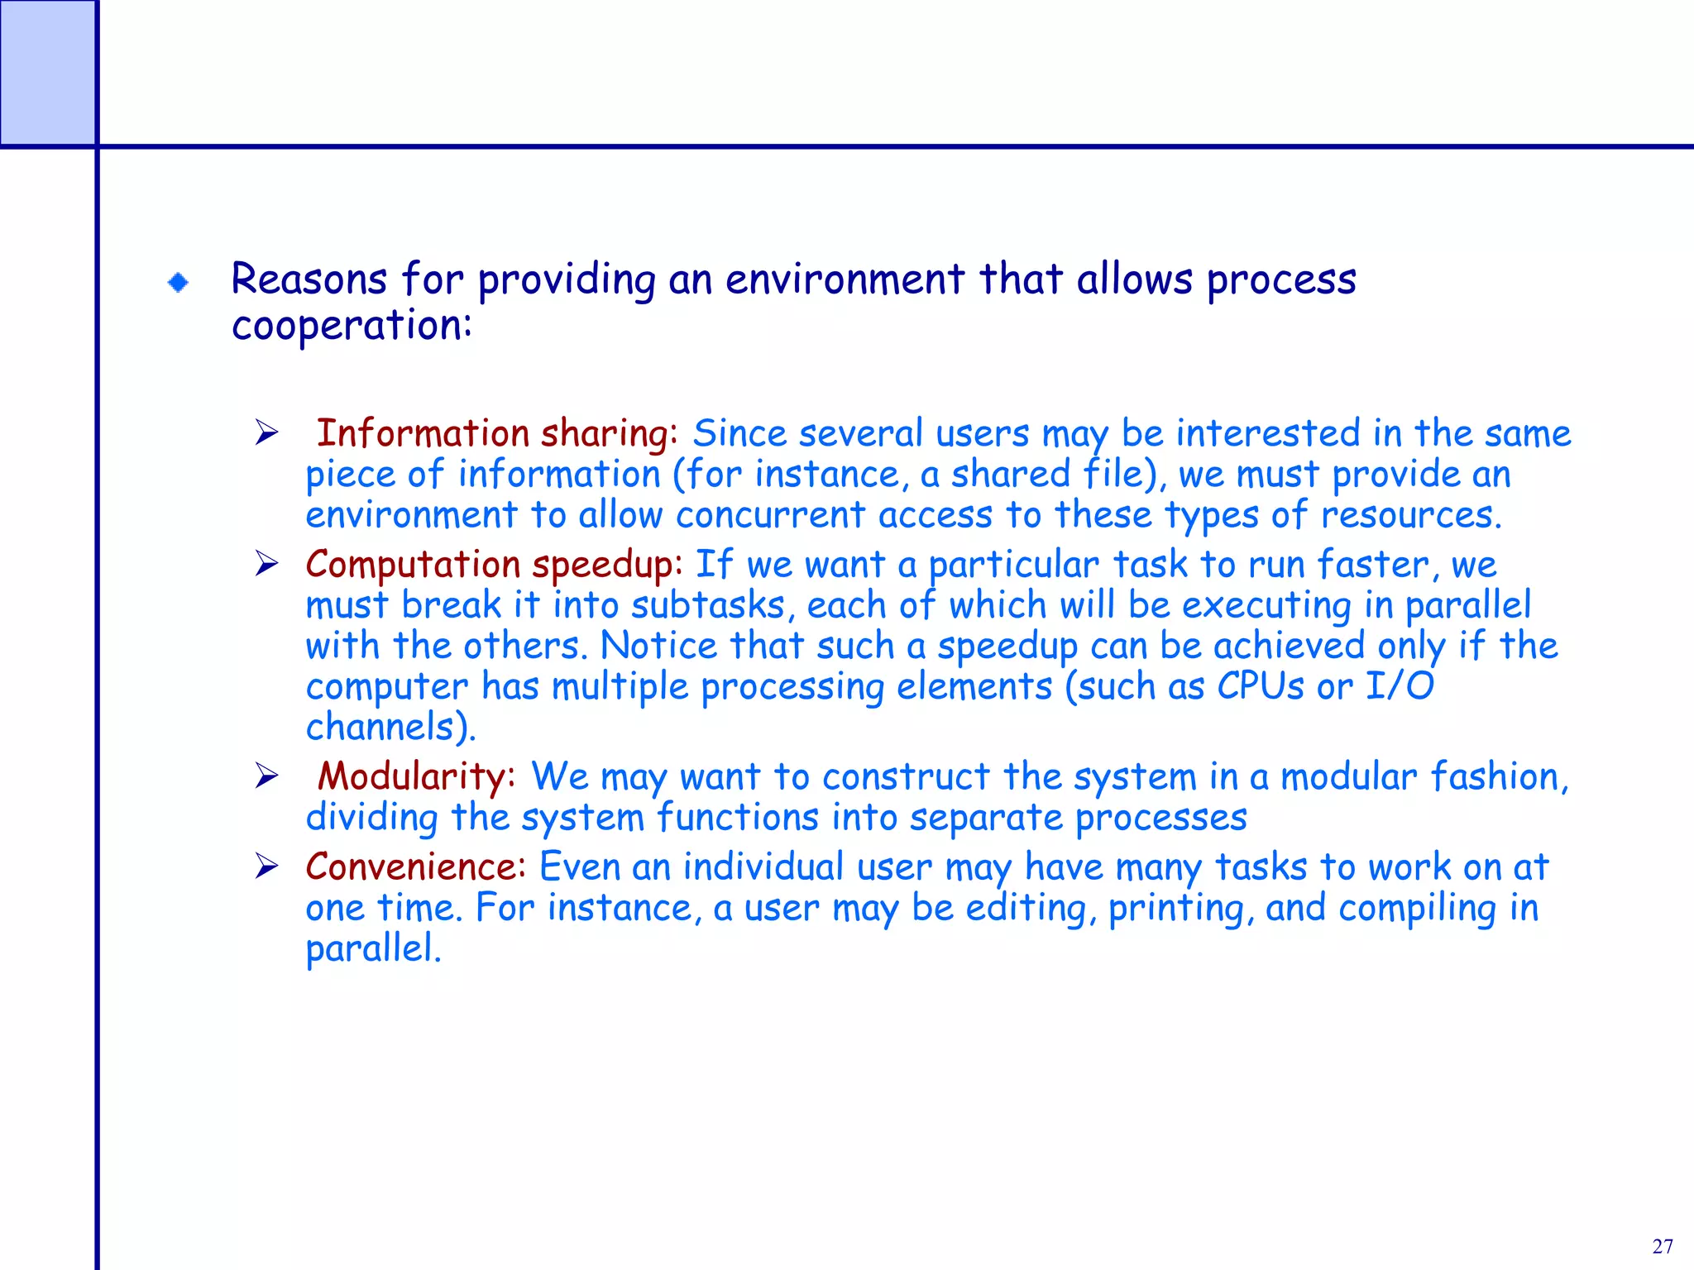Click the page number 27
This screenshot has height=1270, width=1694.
(x=1663, y=1246)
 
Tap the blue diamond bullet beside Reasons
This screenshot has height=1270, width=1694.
(x=178, y=283)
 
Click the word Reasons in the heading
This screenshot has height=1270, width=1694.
(x=309, y=279)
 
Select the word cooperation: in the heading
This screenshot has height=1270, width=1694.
(x=352, y=326)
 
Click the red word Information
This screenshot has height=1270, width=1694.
(x=423, y=432)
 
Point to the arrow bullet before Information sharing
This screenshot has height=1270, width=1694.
(x=266, y=432)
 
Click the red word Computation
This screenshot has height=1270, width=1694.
(x=413, y=565)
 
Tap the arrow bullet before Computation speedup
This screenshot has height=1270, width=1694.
(x=266, y=564)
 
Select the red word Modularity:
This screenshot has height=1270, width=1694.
(x=417, y=777)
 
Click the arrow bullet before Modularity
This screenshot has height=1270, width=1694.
(x=266, y=776)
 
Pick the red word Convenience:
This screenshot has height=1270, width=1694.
(x=415, y=867)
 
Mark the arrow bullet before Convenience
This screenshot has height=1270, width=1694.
(x=266, y=867)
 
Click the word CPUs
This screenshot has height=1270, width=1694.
(x=1260, y=686)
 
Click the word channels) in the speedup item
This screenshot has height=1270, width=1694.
(x=390, y=728)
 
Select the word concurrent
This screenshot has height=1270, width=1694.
(x=770, y=515)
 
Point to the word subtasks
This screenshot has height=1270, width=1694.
(x=707, y=605)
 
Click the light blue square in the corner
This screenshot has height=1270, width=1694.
(x=47, y=73)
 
